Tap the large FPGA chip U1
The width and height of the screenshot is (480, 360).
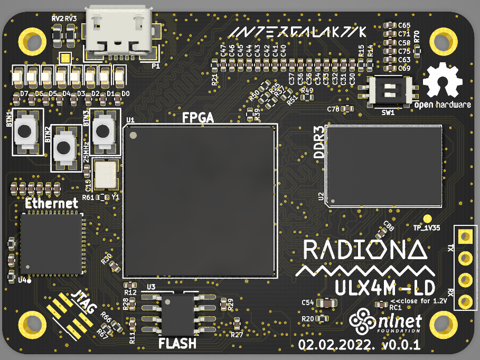pyautogui.click(x=200, y=201)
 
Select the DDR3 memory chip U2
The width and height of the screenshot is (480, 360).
pyautogui.click(x=384, y=166)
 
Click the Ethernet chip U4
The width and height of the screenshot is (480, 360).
pyautogui.click(x=51, y=244)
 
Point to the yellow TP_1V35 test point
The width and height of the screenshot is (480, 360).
pyautogui.click(x=428, y=219)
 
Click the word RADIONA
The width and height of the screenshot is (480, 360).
pyautogui.click(x=365, y=250)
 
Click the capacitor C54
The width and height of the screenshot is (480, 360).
pyautogui.click(x=327, y=303)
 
